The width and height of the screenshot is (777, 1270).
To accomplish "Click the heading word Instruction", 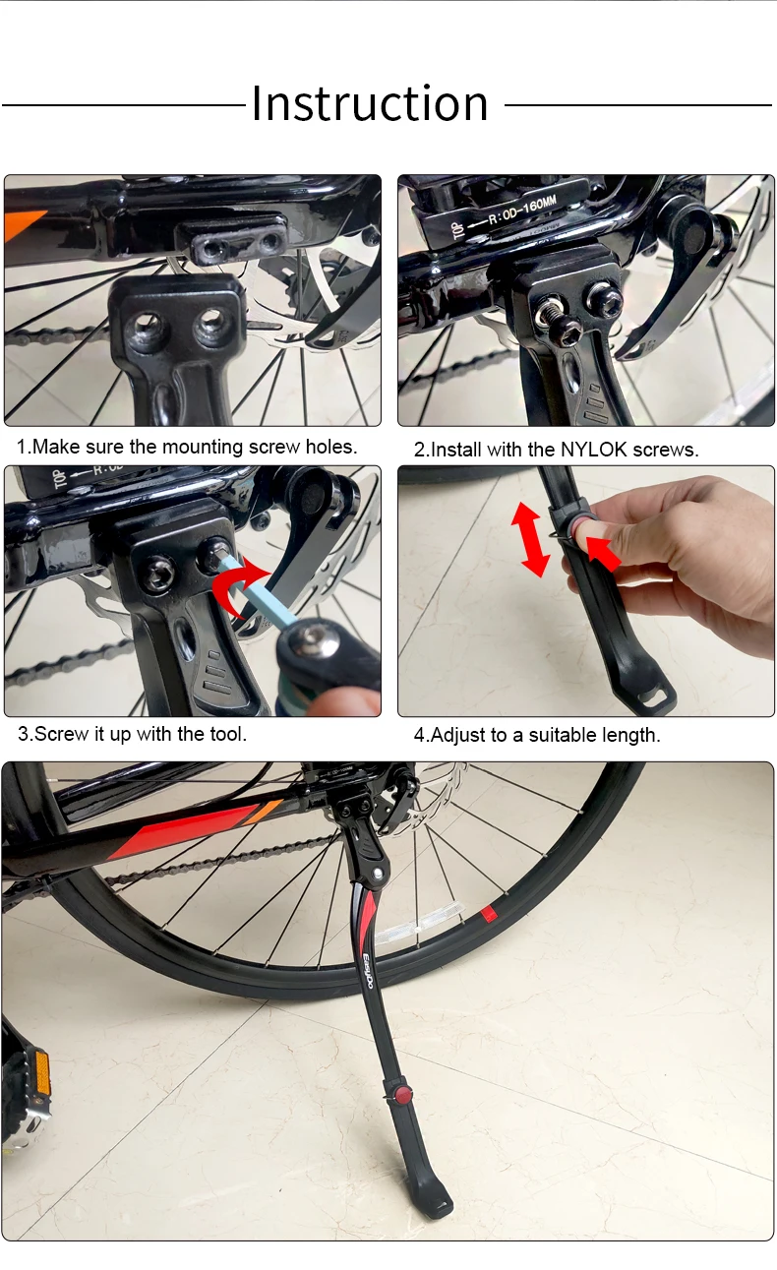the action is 370,103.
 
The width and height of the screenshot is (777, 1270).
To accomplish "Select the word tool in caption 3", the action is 228,734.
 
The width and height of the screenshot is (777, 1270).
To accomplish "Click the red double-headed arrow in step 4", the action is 530,540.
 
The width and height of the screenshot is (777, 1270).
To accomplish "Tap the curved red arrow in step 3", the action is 239,589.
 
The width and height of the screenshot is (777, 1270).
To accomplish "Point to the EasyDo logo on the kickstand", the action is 367,971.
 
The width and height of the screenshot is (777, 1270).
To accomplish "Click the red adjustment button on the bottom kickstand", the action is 402,1094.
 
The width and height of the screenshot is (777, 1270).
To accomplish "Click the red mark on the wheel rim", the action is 488,914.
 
